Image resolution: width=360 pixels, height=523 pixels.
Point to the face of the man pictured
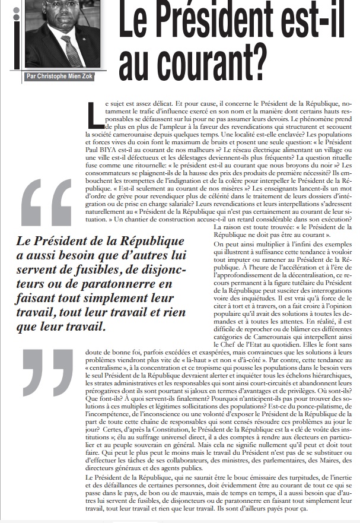point(63,18)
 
